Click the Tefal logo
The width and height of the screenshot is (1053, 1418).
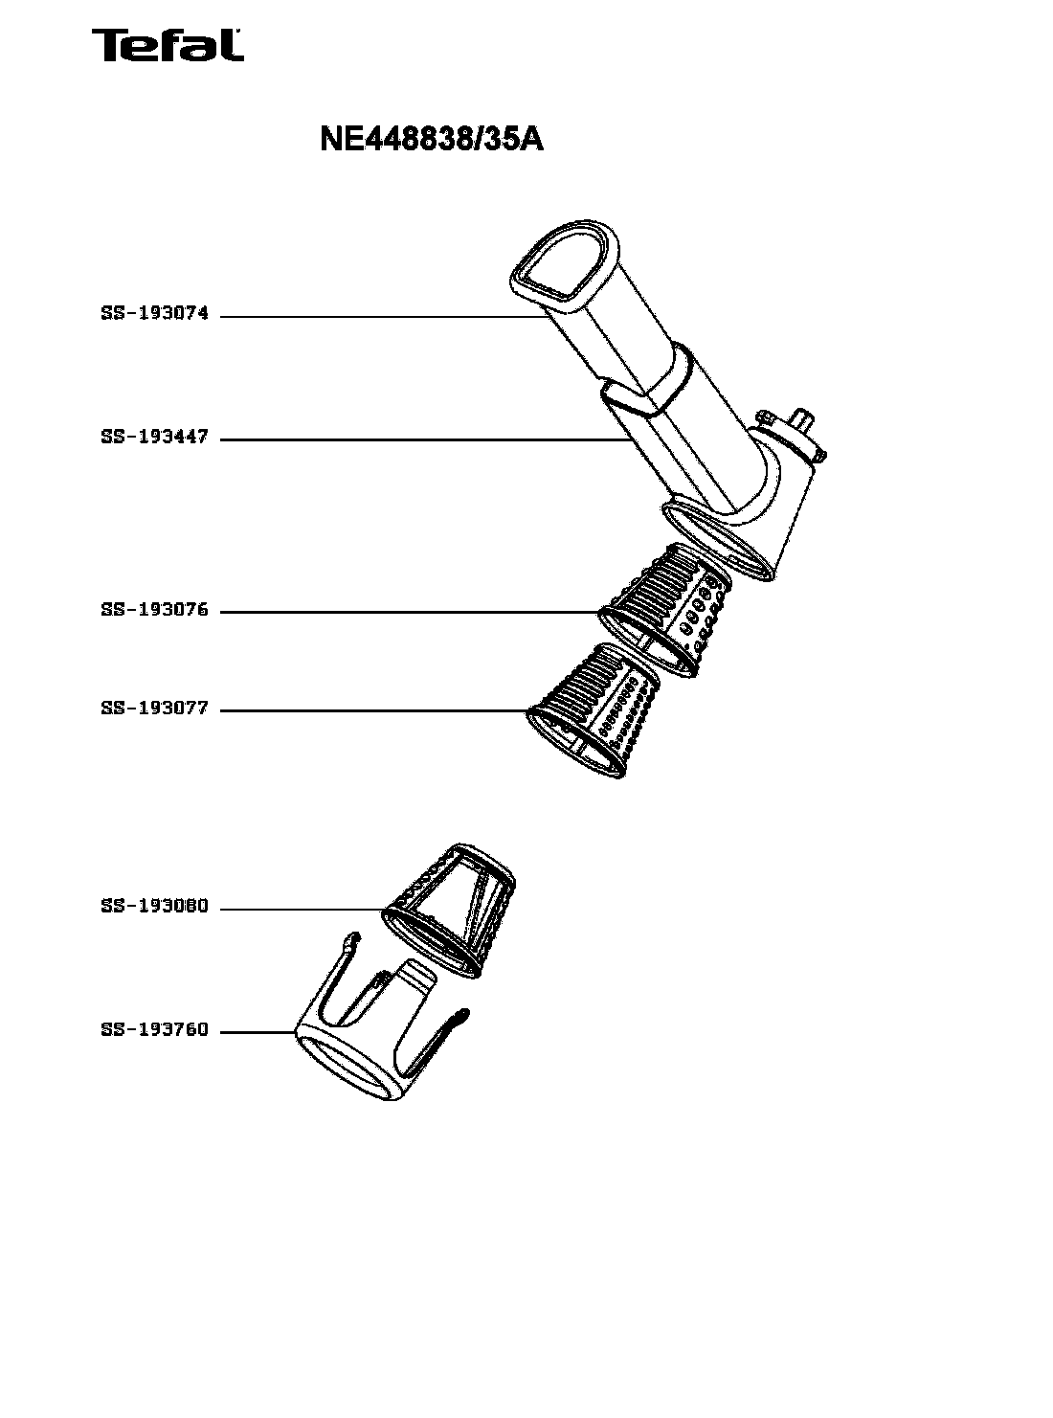(168, 45)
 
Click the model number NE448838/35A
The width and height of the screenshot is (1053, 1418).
(432, 139)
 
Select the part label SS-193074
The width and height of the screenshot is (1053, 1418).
(155, 313)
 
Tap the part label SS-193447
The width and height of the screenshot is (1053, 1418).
(155, 437)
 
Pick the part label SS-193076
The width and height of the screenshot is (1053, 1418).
(155, 609)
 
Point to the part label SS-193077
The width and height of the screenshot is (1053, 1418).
(155, 708)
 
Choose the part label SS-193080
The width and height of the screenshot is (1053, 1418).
(155, 906)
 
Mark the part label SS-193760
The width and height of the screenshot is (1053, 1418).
(155, 1029)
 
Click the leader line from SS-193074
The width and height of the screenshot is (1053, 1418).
(382, 317)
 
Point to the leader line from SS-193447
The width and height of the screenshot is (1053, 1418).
(422, 439)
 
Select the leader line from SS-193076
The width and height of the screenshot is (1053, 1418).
(410, 612)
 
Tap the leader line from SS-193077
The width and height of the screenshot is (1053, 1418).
(374, 710)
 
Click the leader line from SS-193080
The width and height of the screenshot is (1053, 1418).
(302, 909)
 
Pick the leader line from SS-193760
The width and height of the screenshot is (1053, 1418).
(258, 1032)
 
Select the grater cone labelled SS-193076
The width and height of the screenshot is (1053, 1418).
(665, 610)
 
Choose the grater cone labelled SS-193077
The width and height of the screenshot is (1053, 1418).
(594, 709)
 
